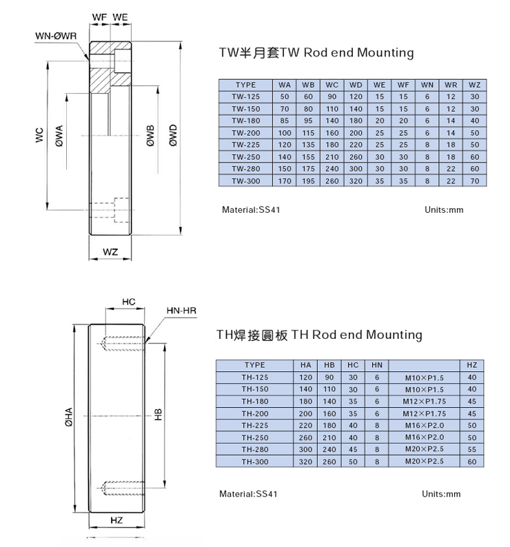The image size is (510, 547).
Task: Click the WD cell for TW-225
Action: click(x=356, y=145)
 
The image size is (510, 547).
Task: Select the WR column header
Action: click(x=451, y=85)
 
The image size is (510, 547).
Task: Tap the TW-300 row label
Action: click(x=246, y=180)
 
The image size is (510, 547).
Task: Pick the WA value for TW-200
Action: click(x=285, y=133)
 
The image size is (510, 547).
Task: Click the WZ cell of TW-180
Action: click(x=474, y=121)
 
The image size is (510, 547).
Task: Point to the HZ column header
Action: click(x=471, y=365)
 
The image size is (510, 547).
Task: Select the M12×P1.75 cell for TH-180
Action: click(x=424, y=401)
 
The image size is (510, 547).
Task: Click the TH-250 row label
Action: click(x=255, y=437)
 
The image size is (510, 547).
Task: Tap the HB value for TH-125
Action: click(x=329, y=377)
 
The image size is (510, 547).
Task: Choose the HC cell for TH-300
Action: click(x=353, y=462)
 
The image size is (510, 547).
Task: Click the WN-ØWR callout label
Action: click(x=56, y=36)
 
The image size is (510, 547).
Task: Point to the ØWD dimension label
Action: click(x=173, y=135)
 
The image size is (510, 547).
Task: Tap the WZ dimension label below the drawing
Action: click(x=110, y=252)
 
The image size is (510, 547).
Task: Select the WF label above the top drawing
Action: click(x=99, y=17)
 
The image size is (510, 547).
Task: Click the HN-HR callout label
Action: click(x=181, y=311)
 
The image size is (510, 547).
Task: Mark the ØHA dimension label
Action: click(x=69, y=417)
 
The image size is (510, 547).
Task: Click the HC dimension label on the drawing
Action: click(x=128, y=302)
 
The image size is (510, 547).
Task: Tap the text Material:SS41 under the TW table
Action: click(x=251, y=209)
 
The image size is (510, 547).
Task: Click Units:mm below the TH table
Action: click(x=441, y=494)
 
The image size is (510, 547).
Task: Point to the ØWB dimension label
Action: click(x=150, y=136)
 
